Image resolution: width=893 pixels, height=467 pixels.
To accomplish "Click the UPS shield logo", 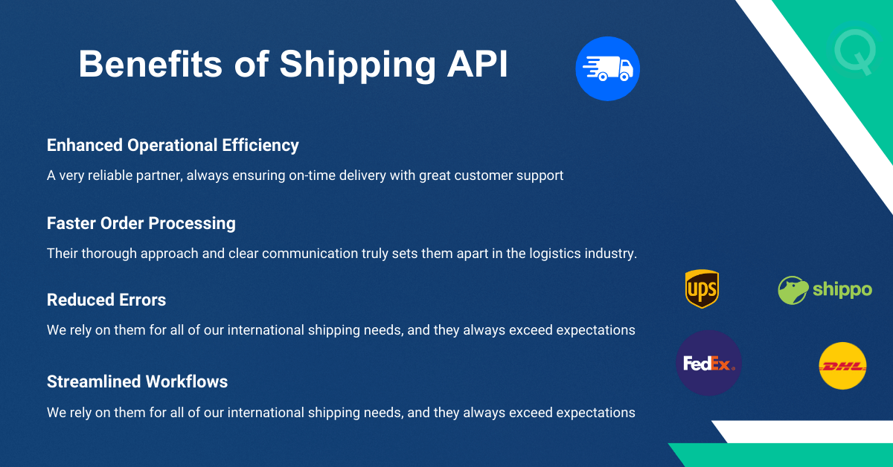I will [702, 289].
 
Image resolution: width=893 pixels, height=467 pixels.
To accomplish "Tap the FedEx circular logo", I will [708, 363].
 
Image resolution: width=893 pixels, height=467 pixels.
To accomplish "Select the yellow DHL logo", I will [842, 366].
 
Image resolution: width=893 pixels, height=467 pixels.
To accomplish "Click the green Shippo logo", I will [825, 289].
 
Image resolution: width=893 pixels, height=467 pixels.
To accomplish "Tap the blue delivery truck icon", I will [607, 69].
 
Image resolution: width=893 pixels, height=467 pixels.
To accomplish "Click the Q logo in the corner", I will [854, 51].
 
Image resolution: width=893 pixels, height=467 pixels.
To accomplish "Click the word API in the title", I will [477, 65].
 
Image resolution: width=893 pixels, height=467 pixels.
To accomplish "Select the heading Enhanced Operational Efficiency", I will [173, 145].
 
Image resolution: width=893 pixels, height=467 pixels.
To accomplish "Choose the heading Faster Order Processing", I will [141, 223].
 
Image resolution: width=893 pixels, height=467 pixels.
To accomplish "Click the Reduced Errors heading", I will [106, 300].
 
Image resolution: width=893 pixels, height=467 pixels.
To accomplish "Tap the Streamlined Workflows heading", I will [137, 381].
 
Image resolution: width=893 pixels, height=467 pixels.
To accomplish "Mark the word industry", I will [609, 254].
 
